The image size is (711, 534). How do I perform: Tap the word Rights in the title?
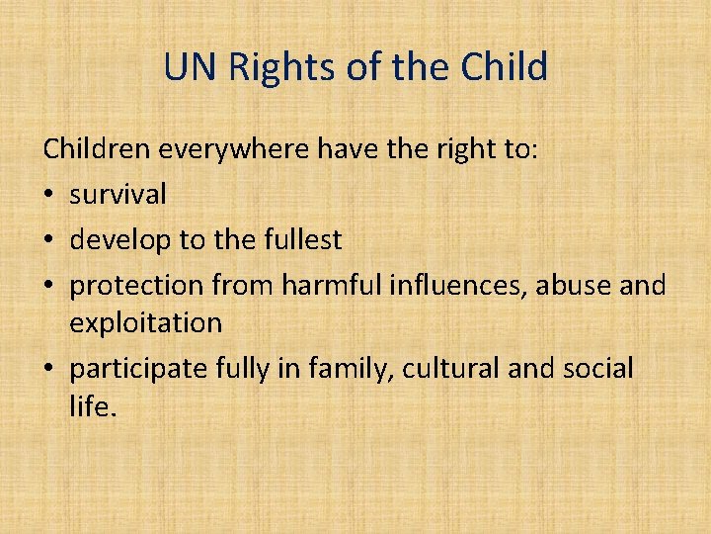pyautogui.click(x=270, y=67)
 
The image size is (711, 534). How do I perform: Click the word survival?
pyautogui.click(x=118, y=194)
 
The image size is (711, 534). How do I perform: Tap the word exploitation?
pyautogui.click(x=145, y=322)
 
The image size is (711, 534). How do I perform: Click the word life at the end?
pyautogui.click(x=89, y=405)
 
